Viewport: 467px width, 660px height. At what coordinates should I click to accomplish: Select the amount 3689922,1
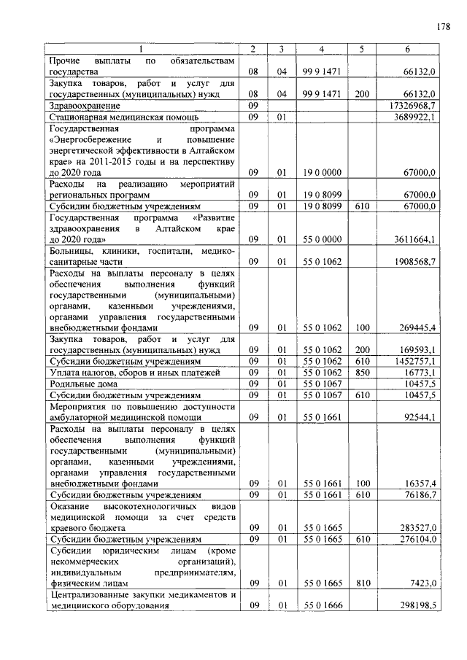(x=414, y=117)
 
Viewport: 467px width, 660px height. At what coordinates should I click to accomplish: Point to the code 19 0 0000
(x=321, y=173)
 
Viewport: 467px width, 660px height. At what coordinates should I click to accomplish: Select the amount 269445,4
(x=414, y=327)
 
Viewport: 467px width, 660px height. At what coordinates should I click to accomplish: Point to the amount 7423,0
(x=421, y=583)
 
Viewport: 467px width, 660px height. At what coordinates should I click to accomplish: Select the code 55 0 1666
(x=321, y=605)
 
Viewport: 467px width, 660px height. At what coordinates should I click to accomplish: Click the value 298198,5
(x=414, y=605)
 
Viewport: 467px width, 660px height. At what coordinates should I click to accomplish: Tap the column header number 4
(x=321, y=49)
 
